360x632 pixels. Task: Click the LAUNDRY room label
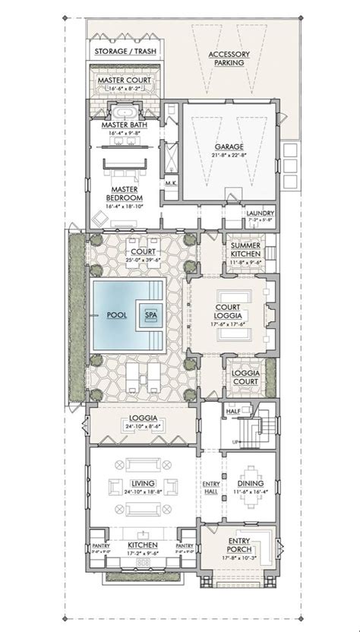tap(259, 213)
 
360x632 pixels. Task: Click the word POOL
tap(116, 314)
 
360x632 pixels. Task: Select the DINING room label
tap(250, 483)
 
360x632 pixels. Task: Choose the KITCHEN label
tap(143, 545)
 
